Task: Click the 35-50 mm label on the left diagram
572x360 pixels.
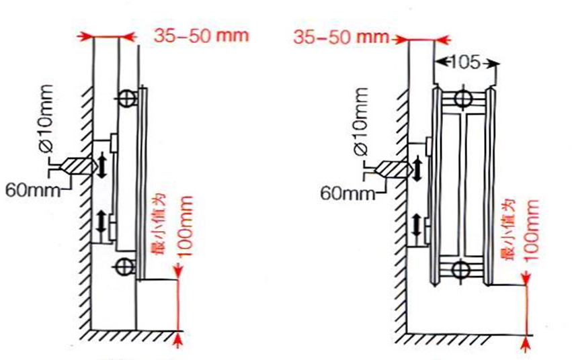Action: click(x=201, y=36)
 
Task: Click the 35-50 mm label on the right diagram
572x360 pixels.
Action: click(x=341, y=37)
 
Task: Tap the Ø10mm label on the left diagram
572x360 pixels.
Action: click(x=46, y=118)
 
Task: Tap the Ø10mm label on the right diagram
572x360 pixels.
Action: click(x=361, y=122)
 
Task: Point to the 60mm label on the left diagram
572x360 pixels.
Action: click(x=33, y=190)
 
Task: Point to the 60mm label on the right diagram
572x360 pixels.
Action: click(x=348, y=193)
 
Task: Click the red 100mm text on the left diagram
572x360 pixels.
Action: click(x=186, y=226)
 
